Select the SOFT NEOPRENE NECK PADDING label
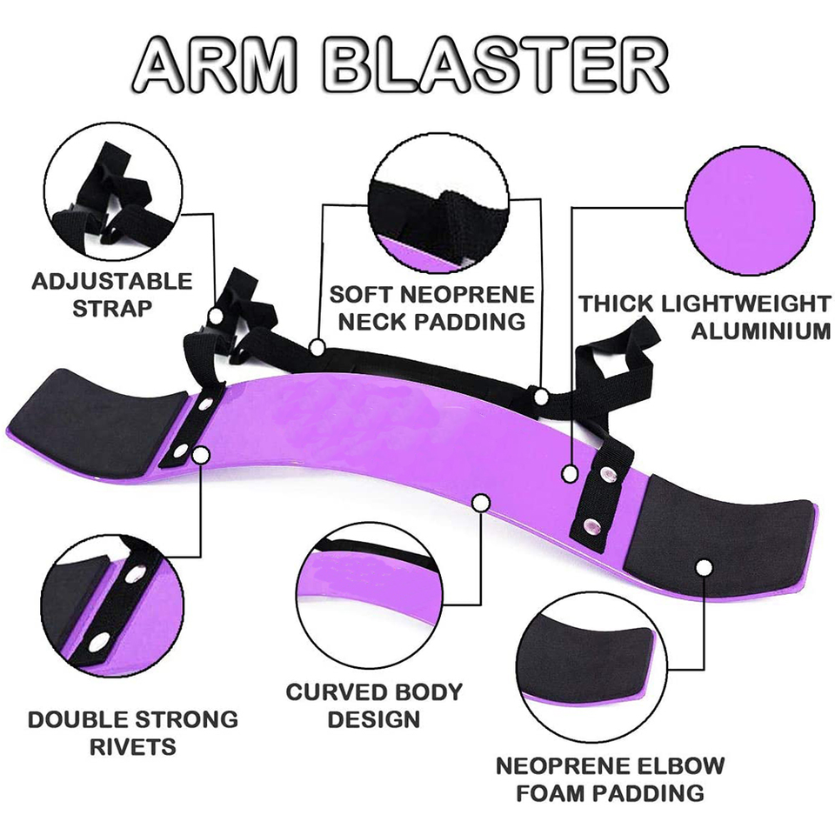point(431,307)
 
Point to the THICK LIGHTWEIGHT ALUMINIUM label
point(705,317)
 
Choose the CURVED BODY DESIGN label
point(374,705)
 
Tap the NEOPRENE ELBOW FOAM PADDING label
point(610,779)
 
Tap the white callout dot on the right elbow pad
point(705,568)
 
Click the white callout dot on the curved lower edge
point(479,502)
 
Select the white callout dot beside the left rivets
point(202,453)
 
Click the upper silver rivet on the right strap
point(610,475)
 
